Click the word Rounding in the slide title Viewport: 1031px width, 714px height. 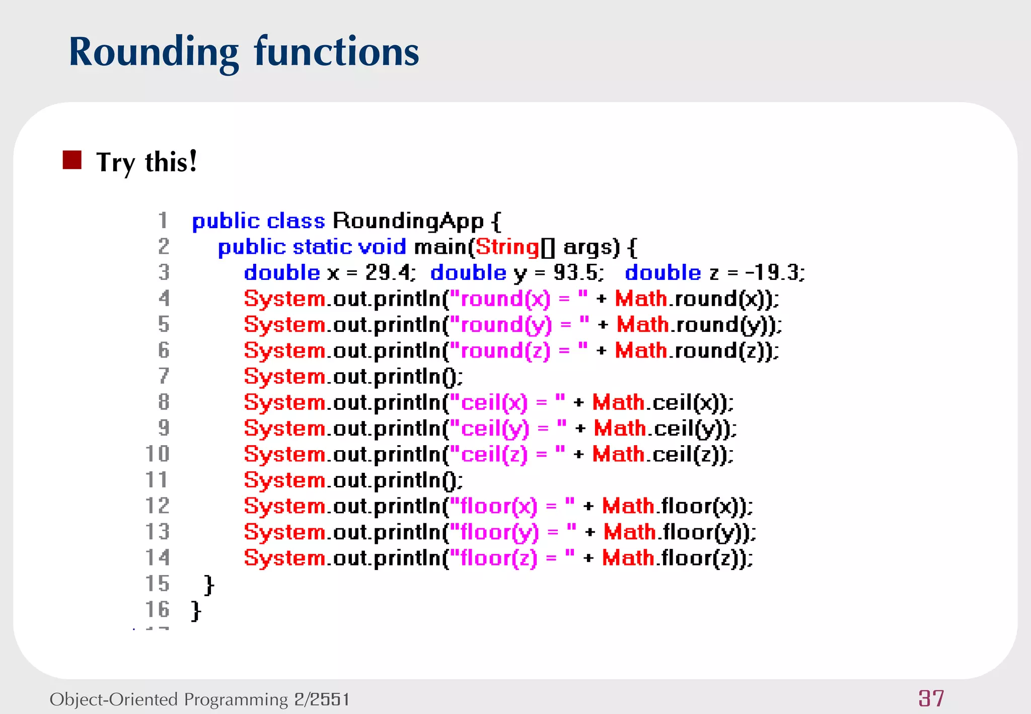[x=153, y=52]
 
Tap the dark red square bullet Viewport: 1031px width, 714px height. [x=72, y=160]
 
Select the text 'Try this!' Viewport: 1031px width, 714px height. [x=146, y=162]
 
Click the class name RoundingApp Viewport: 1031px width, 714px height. [x=408, y=221]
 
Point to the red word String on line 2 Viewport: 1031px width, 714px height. [x=507, y=247]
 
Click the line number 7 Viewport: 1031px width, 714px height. [x=164, y=376]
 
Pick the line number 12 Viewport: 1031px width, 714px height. [x=158, y=506]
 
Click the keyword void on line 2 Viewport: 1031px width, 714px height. [x=382, y=247]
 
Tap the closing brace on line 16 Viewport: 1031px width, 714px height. [x=196, y=610]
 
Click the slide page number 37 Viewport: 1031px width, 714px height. [x=931, y=698]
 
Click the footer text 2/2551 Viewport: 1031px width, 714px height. [x=322, y=699]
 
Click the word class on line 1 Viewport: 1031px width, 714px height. [x=296, y=222]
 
